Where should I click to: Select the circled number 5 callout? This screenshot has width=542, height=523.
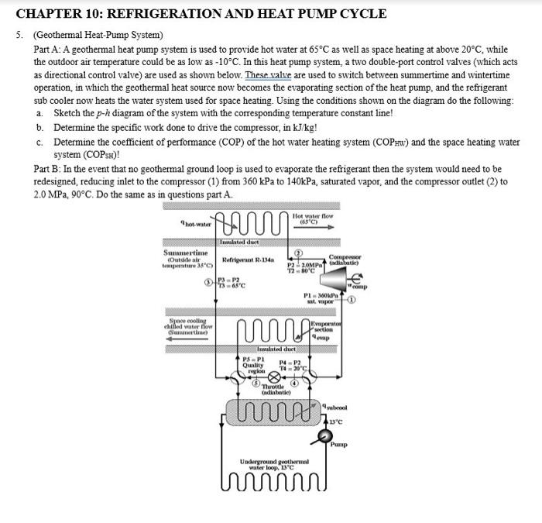[x=246, y=381]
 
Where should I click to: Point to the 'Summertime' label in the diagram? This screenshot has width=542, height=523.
[x=185, y=253]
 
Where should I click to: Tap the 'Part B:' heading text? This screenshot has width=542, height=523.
[x=50, y=169]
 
